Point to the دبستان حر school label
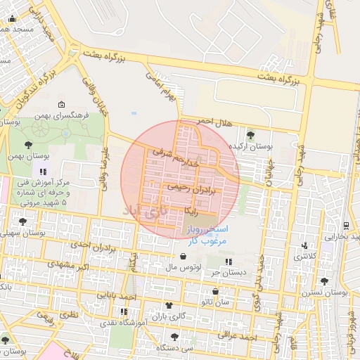point(226,273)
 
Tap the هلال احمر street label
point(214,123)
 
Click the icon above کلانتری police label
point(304,246)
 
